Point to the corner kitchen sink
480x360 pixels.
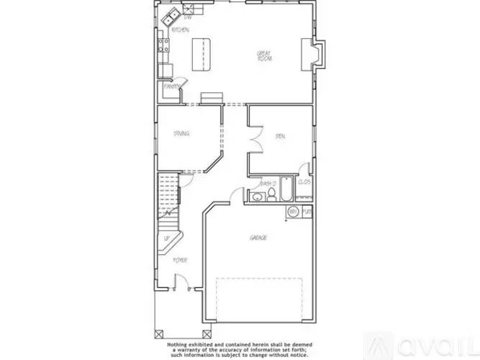click(173, 17)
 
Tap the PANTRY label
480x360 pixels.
click(171, 86)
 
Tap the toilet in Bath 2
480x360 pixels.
click(256, 196)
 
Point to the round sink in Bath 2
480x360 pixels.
click(266, 196)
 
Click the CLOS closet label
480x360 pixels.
click(304, 183)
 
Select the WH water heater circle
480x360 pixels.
click(294, 212)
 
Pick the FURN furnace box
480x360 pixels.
click(307, 212)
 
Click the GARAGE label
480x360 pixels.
click(258, 238)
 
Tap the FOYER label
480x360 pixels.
click(180, 260)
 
